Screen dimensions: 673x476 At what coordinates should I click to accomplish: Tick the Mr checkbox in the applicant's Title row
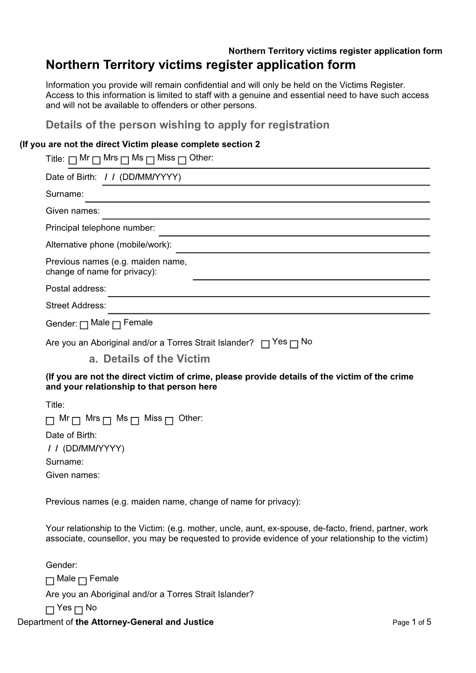pyautogui.click(x=73, y=160)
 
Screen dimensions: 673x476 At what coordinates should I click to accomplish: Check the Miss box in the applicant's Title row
pyautogui.click(x=150, y=160)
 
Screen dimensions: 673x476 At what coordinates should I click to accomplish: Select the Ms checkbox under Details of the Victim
pyautogui.click(x=107, y=421)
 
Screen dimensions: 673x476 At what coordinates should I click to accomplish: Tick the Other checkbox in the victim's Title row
pyautogui.click(x=169, y=421)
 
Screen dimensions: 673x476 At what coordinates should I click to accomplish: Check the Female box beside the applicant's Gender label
pyautogui.click(x=117, y=325)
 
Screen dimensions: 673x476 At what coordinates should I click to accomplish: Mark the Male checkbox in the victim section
pyautogui.click(x=50, y=581)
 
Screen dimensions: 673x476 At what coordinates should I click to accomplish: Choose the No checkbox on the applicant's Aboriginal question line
pyautogui.click(x=294, y=345)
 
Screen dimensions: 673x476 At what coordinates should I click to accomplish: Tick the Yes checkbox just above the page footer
pyautogui.click(x=50, y=610)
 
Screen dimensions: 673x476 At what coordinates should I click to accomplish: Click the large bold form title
pyautogui.click(x=201, y=65)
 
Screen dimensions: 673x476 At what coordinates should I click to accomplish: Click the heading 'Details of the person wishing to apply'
pyautogui.click(x=188, y=125)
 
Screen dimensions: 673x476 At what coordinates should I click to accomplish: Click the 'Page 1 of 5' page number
pyautogui.click(x=412, y=622)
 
